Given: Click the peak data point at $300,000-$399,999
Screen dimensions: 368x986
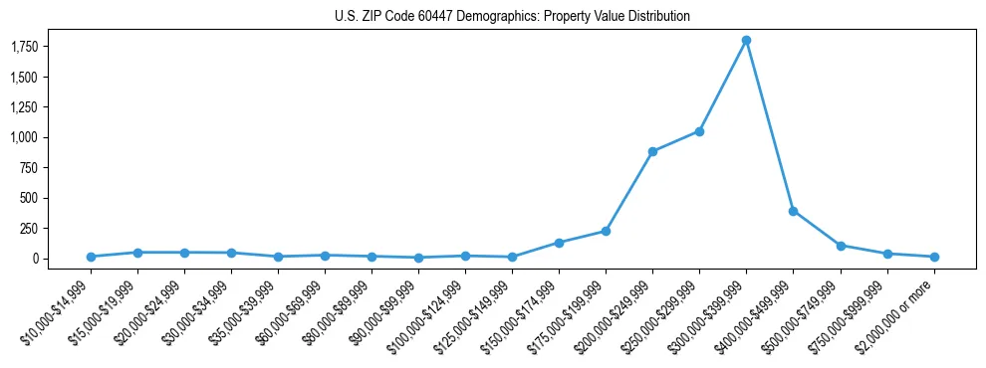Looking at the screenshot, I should [x=746, y=40].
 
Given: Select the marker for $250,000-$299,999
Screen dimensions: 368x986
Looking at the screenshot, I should [x=699, y=131].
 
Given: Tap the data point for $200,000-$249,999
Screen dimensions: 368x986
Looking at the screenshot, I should [x=652, y=151].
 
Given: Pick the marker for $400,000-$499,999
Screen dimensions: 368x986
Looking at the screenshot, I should [x=793, y=211].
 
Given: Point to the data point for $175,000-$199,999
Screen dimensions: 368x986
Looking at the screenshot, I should [x=606, y=231].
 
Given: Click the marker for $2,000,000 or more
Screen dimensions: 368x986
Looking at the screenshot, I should [x=934, y=257].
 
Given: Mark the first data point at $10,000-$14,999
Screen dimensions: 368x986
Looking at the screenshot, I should [x=91, y=257].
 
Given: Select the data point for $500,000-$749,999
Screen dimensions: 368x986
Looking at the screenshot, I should [x=841, y=246].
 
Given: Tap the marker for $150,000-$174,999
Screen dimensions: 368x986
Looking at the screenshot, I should [x=559, y=243].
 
